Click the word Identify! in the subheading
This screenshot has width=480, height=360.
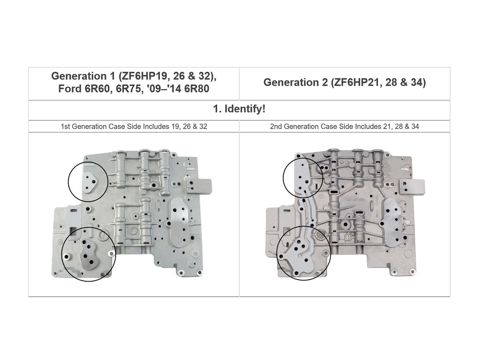coord(245,109)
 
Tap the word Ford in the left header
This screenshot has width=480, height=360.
coord(70,88)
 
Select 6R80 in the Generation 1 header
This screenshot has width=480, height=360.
coord(196,88)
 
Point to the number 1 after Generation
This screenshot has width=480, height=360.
coord(112,76)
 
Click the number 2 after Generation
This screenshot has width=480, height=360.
coord(325,82)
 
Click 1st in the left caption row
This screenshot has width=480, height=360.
coord(65,126)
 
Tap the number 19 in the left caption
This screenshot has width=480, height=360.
coord(175,126)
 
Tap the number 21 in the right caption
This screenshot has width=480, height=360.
coord(387,126)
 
